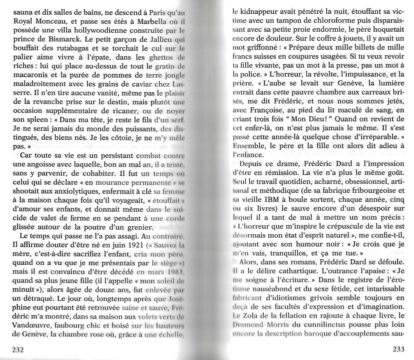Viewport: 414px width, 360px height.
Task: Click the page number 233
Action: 398,349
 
